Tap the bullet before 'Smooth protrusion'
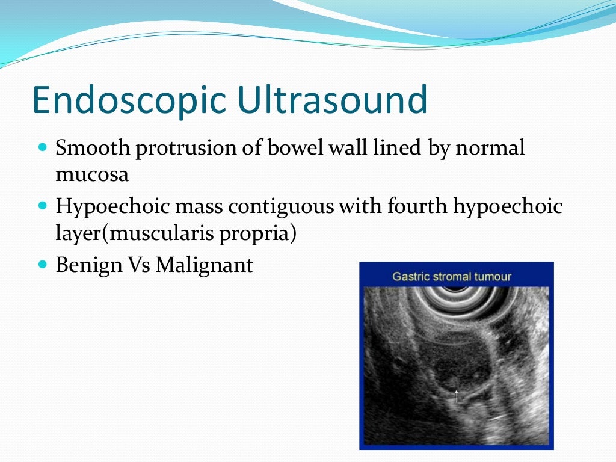tap(42, 147)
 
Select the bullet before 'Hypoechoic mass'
tap(42, 206)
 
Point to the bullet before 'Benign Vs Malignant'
tap(42, 264)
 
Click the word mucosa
tap(91, 176)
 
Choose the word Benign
tap(88, 265)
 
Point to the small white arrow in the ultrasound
tap(456, 396)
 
